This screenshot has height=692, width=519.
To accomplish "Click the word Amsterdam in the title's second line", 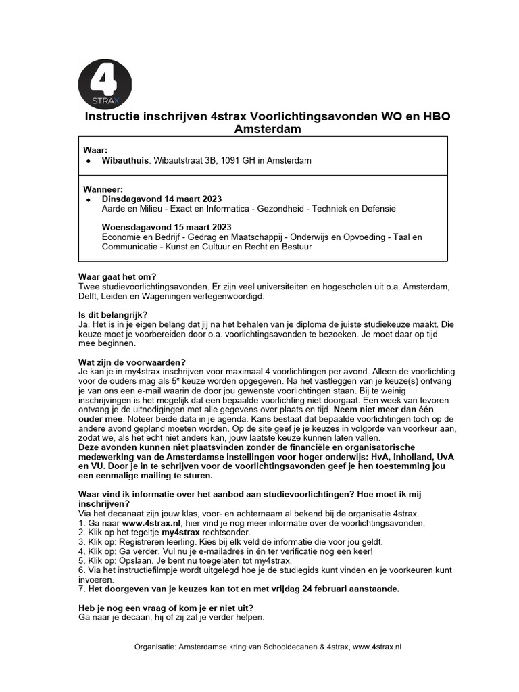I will point(268,130).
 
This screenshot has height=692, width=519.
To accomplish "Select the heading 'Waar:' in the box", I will point(95,150).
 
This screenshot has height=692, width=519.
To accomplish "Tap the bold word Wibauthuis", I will point(125,161).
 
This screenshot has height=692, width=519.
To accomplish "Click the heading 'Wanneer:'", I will point(103,189).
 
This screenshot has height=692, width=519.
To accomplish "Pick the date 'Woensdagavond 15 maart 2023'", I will point(167,227).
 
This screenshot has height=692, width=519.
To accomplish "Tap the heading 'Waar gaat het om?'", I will point(118,277).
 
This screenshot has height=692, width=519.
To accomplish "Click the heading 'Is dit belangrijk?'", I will point(113,314).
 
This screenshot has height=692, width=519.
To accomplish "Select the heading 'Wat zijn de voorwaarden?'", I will point(132,362).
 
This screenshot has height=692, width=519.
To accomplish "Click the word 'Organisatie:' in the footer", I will point(155,647).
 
